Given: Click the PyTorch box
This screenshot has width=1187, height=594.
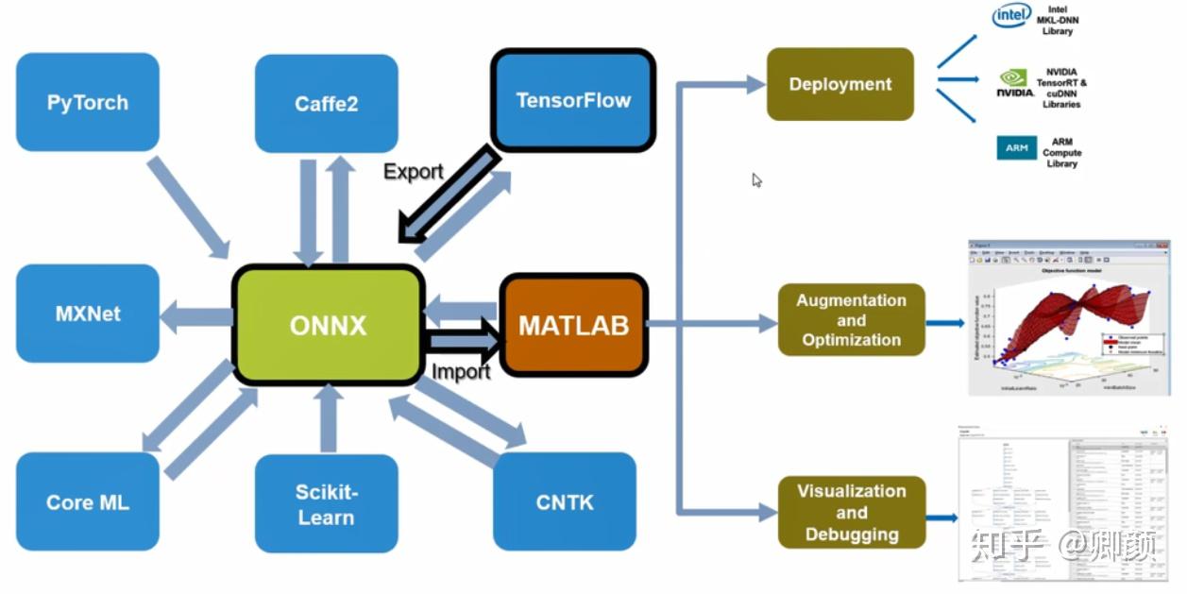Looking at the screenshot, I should [88, 102].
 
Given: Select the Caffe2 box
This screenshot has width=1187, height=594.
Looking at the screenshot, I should [326, 103].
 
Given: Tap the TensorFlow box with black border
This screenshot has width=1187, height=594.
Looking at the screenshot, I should [573, 100].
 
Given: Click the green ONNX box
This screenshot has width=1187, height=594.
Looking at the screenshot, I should [328, 325].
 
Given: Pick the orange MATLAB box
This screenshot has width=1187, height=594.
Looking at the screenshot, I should [573, 326].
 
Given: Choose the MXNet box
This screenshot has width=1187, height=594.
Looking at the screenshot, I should [88, 314].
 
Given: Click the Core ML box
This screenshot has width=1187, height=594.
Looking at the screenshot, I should [88, 501].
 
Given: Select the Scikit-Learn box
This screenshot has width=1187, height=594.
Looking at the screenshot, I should [326, 503].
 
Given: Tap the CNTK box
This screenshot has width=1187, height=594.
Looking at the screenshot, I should [565, 501].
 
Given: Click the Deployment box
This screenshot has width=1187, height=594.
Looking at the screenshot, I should [839, 84].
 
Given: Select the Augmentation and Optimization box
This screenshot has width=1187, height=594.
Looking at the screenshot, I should [851, 320].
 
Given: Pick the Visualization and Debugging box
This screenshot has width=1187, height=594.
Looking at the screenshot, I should [851, 512].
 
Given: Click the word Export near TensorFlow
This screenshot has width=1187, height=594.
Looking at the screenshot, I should [413, 171].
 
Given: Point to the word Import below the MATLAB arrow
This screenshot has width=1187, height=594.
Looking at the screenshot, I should [461, 371].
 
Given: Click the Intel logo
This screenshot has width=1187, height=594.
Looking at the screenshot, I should [1010, 16].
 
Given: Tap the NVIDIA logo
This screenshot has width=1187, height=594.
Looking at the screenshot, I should [1014, 83].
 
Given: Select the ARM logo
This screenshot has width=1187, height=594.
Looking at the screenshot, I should [1016, 148].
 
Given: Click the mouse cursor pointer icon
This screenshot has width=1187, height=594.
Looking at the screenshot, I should [756, 180].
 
